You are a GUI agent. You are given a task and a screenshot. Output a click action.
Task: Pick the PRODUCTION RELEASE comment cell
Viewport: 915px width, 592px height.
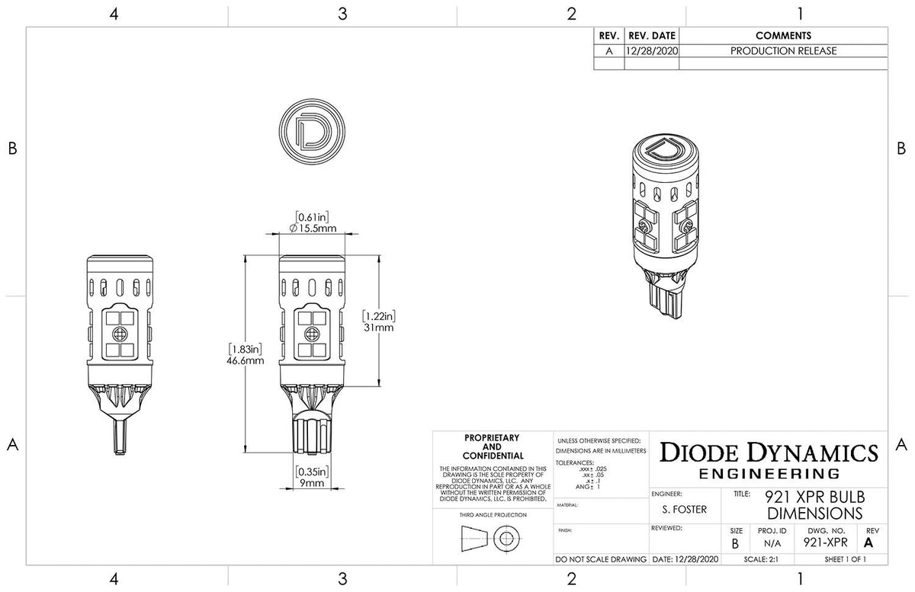783,51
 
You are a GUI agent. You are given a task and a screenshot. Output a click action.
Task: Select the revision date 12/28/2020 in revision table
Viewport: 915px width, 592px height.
650,51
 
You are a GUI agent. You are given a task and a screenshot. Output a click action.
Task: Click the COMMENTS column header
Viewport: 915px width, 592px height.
783,36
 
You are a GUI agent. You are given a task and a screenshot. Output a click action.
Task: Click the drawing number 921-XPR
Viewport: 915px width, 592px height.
826,542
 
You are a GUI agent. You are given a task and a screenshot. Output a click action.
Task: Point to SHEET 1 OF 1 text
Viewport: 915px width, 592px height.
845,558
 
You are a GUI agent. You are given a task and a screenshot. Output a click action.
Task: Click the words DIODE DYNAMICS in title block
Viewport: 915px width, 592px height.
768,452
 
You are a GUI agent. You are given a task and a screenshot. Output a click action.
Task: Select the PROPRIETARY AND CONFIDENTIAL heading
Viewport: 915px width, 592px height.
493,446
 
